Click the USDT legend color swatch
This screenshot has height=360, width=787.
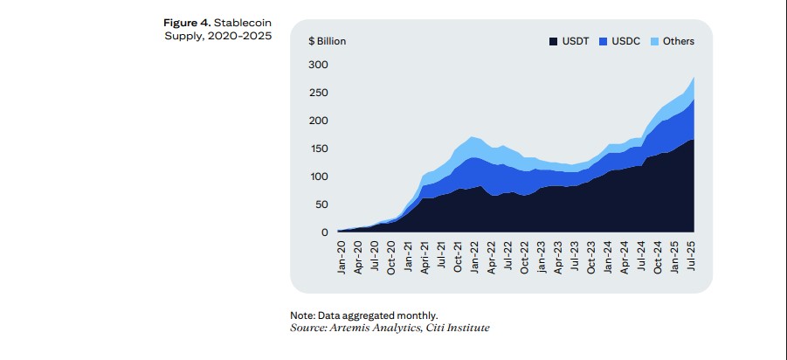pyautogui.click(x=554, y=41)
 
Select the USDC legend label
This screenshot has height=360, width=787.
pyautogui.click(x=627, y=41)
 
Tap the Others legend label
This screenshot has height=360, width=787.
pyautogui.click(x=679, y=41)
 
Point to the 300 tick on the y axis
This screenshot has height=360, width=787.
pyautogui.click(x=317, y=65)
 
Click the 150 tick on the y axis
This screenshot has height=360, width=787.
pyautogui.click(x=317, y=149)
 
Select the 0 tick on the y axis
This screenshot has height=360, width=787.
pyautogui.click(x=323, y=232)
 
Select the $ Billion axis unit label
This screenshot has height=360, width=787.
pyautogui.click(x=328, y=41)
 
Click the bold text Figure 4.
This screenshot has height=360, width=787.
pyautogui.click(x=187, y=22)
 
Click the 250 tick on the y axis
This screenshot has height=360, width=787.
pyautogui.click(x=317, y=93)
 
